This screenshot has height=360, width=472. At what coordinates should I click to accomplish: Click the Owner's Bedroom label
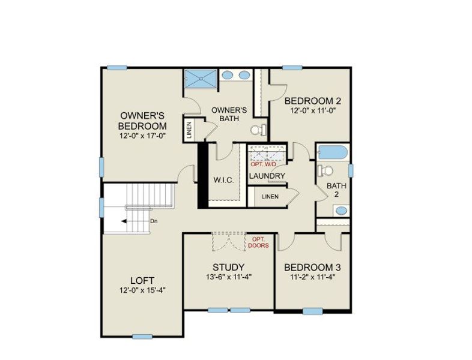tap(142, 120)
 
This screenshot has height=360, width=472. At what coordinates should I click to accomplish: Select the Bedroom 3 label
tap(308, 267)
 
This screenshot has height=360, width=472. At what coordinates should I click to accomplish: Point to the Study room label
tap(228, 267)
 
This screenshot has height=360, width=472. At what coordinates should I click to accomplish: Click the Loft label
tap(142, 280)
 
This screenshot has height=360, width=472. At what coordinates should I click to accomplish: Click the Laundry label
tap(267, 176)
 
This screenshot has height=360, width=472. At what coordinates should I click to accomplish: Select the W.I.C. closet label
tap(223, 180)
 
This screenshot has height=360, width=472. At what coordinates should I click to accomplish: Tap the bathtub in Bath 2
tap(332, 153)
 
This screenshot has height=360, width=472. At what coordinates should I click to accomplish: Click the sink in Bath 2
tap(340, 211)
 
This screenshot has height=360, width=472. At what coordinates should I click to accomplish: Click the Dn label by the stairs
tap(154, 221)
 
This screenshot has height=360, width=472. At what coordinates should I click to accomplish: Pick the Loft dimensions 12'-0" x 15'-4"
tap(142, 290)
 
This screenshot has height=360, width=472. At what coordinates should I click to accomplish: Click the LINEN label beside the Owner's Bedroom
tap(189, 130)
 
